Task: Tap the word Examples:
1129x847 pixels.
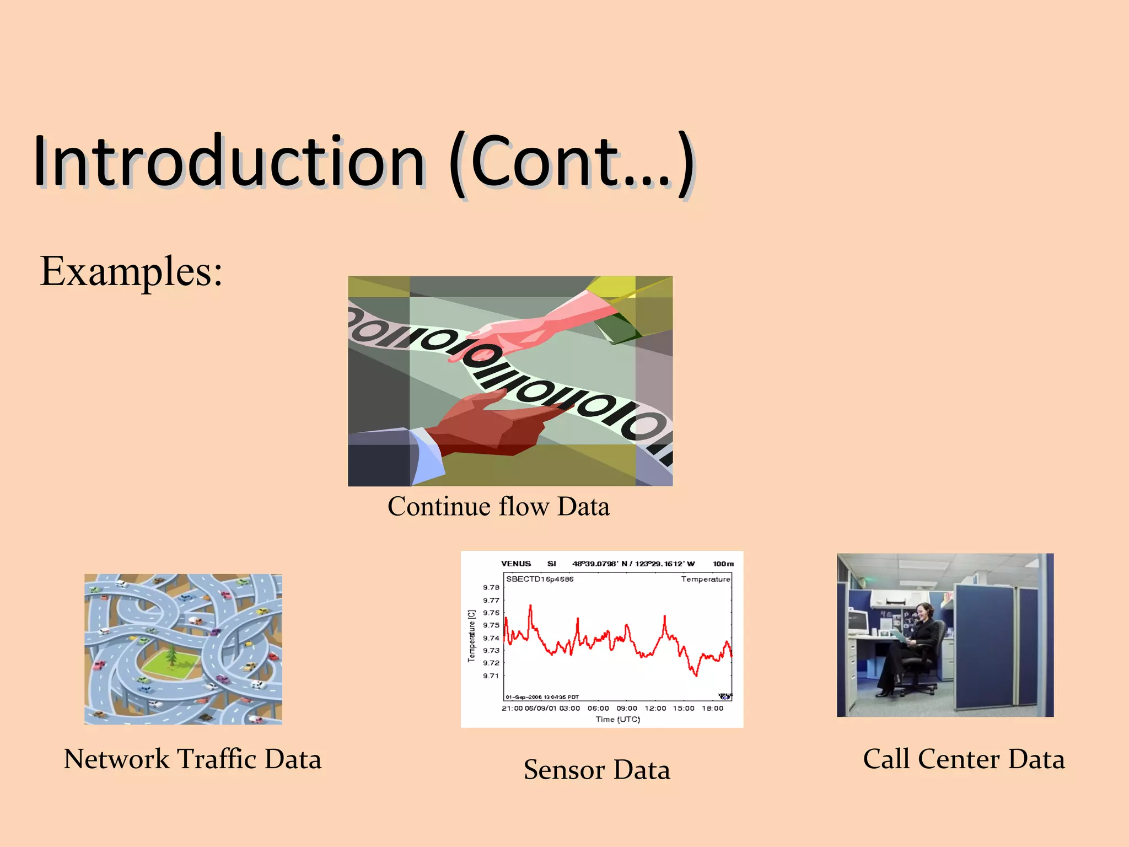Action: click(x=131, y=271)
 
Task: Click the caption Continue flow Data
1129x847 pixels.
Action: click(x=498, y=506)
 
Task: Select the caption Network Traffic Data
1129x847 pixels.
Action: click(x=192, y=759)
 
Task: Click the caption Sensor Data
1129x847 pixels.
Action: click(x=596, y=770)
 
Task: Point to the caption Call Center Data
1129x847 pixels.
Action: click(x=964, y=759)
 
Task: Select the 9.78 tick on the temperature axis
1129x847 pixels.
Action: click(x=491, y=588)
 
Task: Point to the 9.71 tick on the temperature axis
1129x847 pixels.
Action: click(x=491, y=676)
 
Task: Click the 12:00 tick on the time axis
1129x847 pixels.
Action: click(x=655, y=709)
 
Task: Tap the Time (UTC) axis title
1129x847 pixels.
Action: click(x=617, y=720)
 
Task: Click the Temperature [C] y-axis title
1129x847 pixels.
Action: click(x=471, y=636)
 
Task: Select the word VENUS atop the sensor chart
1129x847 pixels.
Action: click(x=516, y=564)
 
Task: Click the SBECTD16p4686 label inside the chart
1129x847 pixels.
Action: click(x=540, y=579)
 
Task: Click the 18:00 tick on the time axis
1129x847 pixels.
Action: click(x=712, y=709)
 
